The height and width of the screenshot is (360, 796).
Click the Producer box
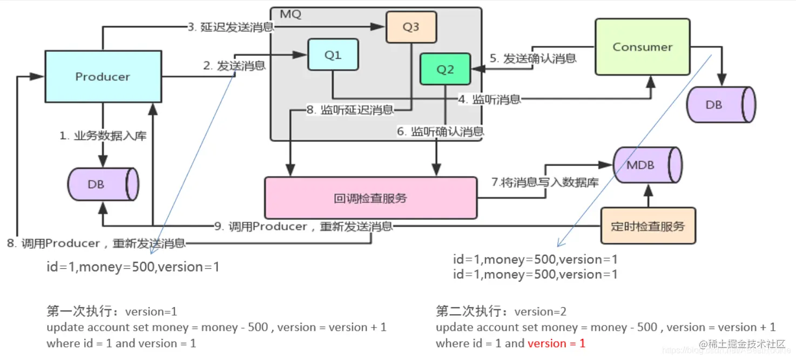(103, 77)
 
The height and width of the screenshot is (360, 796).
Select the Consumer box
(642, 47)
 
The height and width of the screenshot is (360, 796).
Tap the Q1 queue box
(333, 55)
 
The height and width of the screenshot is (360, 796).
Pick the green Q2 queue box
(445, 70)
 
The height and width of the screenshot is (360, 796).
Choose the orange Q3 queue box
(410, 27)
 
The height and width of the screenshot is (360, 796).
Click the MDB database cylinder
(646, 165)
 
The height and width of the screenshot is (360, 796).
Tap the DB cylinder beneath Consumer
(719, 105)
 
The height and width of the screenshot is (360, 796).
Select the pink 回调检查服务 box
(370, 198)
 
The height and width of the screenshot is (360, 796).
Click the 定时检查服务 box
(647, 226)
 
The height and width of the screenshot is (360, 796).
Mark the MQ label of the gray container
(291, 15)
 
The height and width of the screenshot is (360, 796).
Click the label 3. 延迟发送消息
(231, 27)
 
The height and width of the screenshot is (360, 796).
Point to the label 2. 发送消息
(234, 66)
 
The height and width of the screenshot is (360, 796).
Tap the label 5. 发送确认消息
(532, 58)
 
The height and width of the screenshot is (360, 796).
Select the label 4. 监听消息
(489, 99)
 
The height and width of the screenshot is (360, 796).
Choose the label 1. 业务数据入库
(103, 135)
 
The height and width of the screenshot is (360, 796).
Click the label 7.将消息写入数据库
(544, 182)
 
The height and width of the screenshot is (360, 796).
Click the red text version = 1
(556, 343)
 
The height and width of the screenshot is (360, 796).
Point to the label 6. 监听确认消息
(440, 131)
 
